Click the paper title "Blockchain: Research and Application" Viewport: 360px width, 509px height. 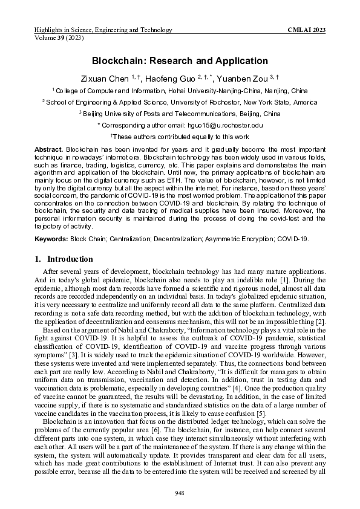tap(180, 61)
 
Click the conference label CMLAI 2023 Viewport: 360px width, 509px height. tap(308, 30)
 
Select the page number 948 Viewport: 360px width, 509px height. tap(180, 493)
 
